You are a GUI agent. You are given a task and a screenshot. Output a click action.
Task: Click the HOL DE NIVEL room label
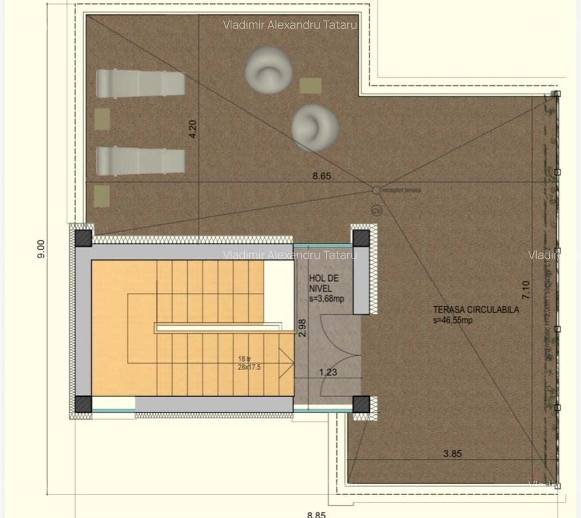tap(324, 283)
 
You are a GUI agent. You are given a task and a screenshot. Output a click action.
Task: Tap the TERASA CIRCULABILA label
tap(476, 310)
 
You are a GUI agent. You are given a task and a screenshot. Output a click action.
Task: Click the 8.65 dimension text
tap(322, 176)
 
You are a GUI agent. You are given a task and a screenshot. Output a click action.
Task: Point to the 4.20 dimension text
tap(193, 128)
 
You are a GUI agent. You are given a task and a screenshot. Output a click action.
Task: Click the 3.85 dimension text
tap(453, 454)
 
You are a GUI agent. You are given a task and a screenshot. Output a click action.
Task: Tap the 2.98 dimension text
tap(302, 326)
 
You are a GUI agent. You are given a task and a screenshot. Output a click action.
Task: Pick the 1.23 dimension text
tap(328, 372)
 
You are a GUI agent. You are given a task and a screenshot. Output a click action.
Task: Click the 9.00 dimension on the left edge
tap(41, 248)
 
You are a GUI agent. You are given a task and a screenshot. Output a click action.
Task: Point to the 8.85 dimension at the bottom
tap(316, 514)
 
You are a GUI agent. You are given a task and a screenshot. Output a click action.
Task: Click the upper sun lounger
tap(140, 83)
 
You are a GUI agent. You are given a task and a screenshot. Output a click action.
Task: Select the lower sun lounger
tap(140, 161)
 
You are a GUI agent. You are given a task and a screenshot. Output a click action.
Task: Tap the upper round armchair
tap(268, 70)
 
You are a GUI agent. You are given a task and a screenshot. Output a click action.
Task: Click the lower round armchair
tap(314, 127)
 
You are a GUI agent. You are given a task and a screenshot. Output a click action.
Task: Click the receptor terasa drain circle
tap(376, 190)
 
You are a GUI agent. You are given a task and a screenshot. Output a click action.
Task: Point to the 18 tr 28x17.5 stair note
tap(249, 363)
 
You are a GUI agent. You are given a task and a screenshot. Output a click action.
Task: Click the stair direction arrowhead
tap(286, 363)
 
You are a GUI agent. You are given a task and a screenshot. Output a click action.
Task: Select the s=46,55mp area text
tap(453, 321)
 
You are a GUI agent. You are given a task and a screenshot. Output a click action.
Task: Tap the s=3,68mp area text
tap(326, 298)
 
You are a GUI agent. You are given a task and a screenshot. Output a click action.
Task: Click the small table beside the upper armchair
tap(310, 86)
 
